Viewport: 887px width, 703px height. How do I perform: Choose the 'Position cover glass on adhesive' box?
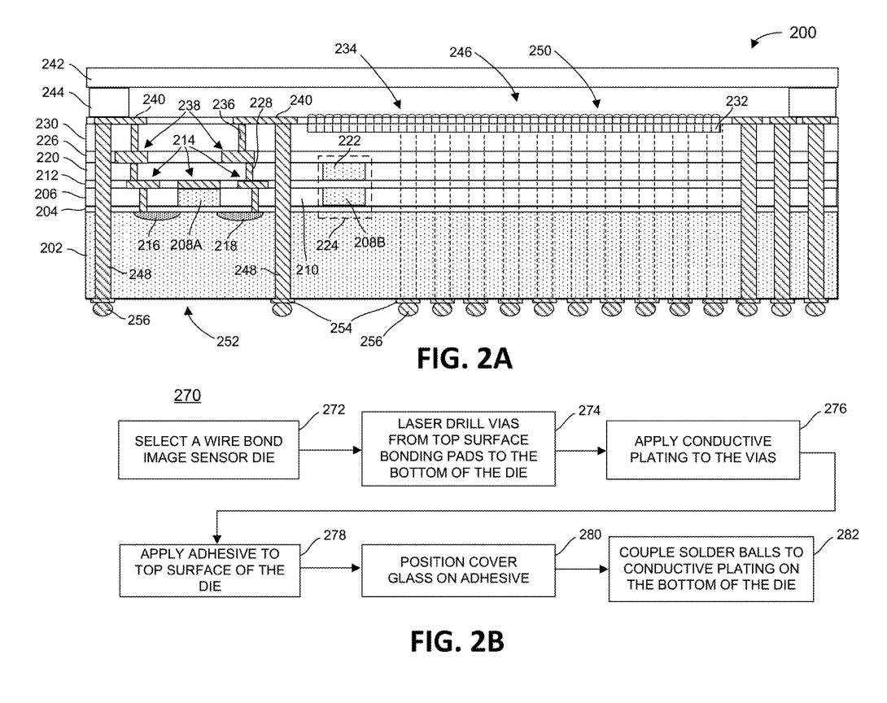point(458,570)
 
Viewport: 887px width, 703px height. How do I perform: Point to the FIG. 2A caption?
point(465,359)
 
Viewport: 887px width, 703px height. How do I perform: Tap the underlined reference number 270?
point(186,396)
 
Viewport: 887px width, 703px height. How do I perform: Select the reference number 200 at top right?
point(802,33)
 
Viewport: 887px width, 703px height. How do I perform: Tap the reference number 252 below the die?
point(228,341)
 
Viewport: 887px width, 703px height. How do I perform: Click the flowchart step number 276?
point(834,409)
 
